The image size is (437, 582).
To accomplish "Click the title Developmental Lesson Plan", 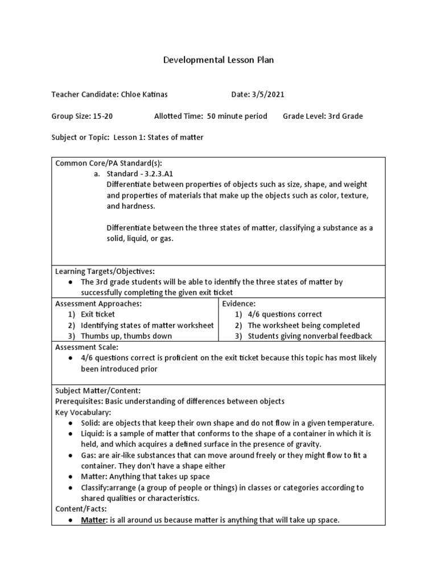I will click(218, 60).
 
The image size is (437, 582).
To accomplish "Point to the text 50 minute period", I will click(237, 116).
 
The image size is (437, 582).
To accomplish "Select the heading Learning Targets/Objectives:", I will click(105, 271).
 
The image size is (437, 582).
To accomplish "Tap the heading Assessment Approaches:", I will click(98, 304).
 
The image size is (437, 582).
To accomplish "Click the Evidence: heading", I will click(239, 304).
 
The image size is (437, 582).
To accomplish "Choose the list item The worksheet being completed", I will click(304, 325).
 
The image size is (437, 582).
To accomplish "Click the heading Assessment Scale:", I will click(86, 347).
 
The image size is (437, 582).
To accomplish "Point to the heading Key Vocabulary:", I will click(83, 412).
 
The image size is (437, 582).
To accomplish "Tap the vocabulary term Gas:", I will click(89, 455).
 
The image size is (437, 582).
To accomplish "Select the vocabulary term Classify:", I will click(95, 488).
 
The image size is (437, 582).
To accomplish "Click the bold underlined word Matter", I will click(93, 520).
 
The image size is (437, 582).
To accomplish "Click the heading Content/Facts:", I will click(80, 509).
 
